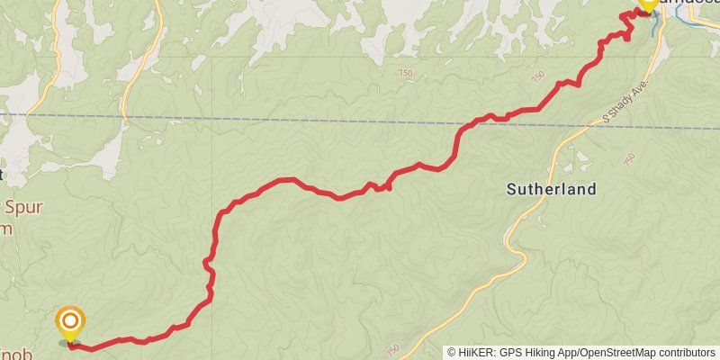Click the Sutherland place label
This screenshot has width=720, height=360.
pos(552,189)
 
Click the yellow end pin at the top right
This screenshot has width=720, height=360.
pos(647,4)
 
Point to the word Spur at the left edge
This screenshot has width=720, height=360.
pos(24,208)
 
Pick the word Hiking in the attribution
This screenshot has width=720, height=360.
pos(544,352)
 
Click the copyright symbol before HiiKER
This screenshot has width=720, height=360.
pos(451,352)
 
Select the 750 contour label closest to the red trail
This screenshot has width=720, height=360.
pos(539,76)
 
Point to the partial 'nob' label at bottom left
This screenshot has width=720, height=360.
pos(18,354)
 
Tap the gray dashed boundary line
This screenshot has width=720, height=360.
pos(270,119)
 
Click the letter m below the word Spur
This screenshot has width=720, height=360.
pos(7,229)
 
